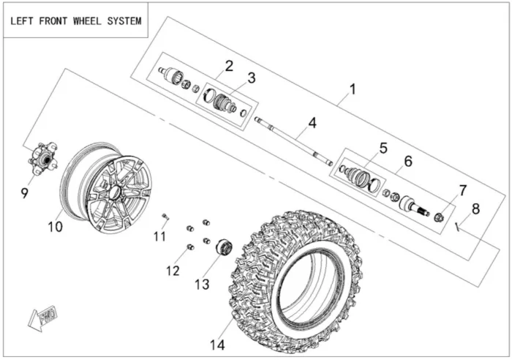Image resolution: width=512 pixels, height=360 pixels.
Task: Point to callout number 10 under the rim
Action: pyautogui.click(x=56, y=227)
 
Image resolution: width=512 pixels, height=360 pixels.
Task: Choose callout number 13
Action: pyautogui.click(x=198, y=282)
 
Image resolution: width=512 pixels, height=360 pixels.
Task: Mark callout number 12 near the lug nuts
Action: pyautogui.click(x=173, y=271)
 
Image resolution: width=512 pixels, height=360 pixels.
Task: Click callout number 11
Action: pyautogui.click(x=159, y=235)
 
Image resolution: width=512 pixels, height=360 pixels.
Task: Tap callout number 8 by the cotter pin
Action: pyautogui.click(x=476, y=209)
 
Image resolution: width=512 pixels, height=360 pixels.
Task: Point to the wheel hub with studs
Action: pyautogui.click(x=41, y=158)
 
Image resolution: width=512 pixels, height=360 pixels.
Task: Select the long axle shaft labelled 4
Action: pyautogui.click(x=293, y=139)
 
